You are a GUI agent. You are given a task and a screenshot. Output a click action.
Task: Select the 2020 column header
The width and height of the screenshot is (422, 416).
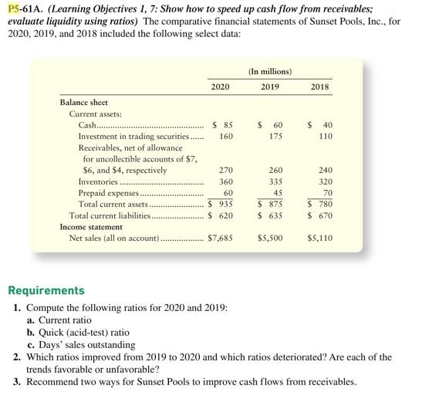click(x=220, y=86)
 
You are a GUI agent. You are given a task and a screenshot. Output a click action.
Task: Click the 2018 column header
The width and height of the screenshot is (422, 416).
click(x=319, y=86)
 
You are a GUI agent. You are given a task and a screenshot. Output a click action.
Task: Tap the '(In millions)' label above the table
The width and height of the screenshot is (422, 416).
click(x=269, y=72)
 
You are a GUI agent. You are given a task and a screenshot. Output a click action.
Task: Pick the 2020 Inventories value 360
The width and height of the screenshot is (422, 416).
click(x=226, y=181)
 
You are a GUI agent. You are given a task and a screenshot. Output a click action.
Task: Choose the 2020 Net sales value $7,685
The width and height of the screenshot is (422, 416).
click(x=221, y=238)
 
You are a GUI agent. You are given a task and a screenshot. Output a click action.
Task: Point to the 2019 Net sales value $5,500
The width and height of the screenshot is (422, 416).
click(x=270, y=238)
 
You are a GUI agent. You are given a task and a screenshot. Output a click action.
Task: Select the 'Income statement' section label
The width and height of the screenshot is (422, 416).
click(x=91, y=228)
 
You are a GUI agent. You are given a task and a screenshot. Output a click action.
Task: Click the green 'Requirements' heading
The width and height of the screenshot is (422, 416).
click(x=46, y=291)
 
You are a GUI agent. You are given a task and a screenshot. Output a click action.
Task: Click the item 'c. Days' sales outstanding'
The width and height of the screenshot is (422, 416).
click(x=80, y=343)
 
